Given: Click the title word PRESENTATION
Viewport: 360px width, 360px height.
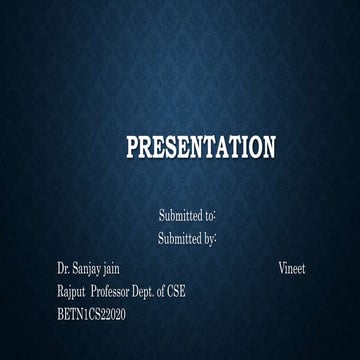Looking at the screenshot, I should [200, 149].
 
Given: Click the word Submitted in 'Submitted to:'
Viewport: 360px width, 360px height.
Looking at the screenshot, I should [180, 215].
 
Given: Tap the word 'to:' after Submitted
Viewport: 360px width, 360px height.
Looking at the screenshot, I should [210, 215].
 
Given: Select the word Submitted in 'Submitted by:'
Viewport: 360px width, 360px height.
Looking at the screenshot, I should [179, 239].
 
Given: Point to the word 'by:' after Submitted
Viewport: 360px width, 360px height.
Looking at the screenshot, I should [210, 239].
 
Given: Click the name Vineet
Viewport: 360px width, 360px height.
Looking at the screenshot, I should [292, 269].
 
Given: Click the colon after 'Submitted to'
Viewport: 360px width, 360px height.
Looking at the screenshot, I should [217, 216].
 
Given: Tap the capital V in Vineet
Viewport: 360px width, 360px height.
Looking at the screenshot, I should [282, 269].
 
